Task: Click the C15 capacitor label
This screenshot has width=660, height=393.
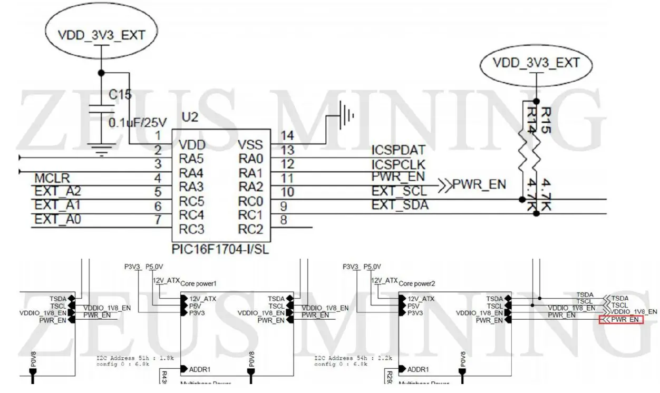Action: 120,95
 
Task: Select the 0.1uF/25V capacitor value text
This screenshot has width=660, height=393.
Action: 138,123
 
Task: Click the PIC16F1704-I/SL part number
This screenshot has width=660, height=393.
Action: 220,249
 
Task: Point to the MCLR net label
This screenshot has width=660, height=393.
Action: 52,179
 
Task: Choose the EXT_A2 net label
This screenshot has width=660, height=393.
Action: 58,191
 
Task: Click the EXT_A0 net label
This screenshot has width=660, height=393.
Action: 58,219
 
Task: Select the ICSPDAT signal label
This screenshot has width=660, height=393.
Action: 398,151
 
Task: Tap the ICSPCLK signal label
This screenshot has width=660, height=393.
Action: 398,164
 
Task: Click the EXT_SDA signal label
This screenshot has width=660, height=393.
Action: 400,205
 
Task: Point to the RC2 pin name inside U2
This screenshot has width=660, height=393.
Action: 250,229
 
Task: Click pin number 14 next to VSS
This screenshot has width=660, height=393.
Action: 287,136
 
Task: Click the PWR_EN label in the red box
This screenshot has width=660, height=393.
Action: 625,320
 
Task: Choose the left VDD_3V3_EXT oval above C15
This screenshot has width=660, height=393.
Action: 101,35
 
